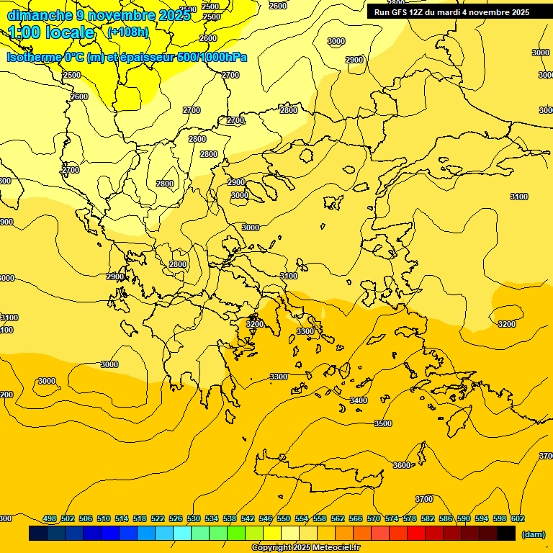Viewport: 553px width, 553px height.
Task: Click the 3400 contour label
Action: (358, 400)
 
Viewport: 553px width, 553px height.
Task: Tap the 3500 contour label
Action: (383, 423)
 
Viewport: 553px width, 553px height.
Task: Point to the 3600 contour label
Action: (402, 465)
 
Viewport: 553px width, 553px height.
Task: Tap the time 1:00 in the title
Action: (23, 32)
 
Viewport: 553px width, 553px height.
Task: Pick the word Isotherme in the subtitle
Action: (33, 57)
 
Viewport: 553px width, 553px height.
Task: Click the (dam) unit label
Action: (533, 534)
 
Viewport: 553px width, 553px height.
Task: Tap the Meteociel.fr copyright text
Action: (305, 548)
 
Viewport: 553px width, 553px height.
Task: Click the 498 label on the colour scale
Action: (50, 518)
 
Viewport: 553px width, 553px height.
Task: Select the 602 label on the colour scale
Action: (518, 518)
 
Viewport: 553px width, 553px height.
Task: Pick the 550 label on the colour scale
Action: (284, 518)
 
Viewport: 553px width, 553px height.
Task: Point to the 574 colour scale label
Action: (392, 518)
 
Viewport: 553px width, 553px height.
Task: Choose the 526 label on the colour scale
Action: (176, 518)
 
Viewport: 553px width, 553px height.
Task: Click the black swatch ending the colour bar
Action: (506, 534)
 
